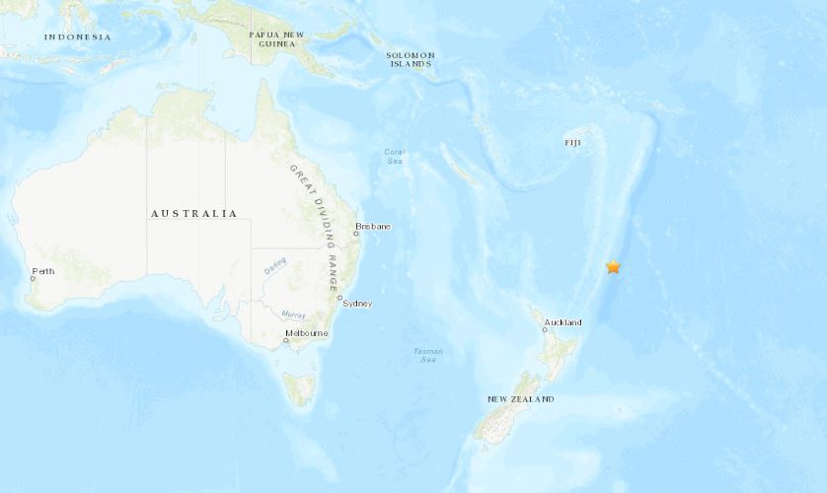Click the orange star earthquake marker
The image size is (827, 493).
click(x=613, y=266)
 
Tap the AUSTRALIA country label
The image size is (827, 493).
click(x=193, y=213)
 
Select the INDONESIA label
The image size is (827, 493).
click(x=77, y=37)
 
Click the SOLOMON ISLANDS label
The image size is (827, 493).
click(x=411, y=58)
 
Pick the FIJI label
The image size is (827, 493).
click(x=573, y=143)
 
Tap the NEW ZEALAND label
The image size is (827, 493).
click(x=520, y=399)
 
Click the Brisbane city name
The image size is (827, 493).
click(x=374, y=227)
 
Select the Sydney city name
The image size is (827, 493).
click(x=356, y=304)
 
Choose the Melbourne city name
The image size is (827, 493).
click(x=306, y=333)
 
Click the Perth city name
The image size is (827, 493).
click(x=43, y=271)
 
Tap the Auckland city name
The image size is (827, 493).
click(x=564, y=322)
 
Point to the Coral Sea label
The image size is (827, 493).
click(x=394, y=156)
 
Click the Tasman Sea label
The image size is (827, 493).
click(x=427, y=355)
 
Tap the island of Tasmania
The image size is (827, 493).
click(x=299, y=387)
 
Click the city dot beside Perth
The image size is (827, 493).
click(x=33, y=278)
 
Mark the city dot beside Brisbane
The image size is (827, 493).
click(x=355, y=235)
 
